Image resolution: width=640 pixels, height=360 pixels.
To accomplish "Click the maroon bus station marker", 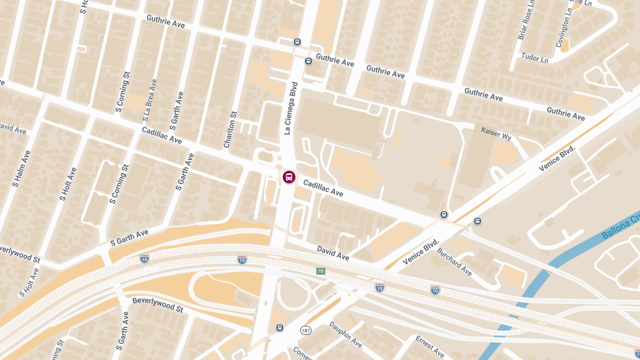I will tap(289, 177).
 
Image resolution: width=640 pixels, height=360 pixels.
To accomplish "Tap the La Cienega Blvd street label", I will tap(290, 108).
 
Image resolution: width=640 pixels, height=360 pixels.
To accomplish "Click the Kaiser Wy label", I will tap(496, 133).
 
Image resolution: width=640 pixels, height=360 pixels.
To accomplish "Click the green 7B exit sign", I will tap(321, 271).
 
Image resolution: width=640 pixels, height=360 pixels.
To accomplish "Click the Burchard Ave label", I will tap(454, 262).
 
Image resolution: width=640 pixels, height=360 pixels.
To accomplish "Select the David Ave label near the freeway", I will tap(333, 253).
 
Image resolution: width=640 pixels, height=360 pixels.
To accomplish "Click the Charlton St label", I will tap(230, 130).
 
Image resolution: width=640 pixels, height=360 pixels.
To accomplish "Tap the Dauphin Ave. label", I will tap(346, 335).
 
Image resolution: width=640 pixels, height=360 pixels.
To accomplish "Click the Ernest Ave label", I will tap(430, 347).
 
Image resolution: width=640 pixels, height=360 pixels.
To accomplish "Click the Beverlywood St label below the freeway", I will tap(157, 305).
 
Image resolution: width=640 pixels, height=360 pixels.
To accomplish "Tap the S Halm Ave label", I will tap(22, 169).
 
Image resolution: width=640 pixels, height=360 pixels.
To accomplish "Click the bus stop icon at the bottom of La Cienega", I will tap(279, 328).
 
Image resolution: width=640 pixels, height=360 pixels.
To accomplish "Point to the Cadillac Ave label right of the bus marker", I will tap(323, 188).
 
